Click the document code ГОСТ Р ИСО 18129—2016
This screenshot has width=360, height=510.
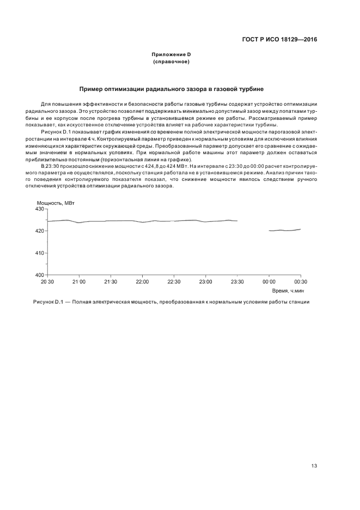[x=279, y=40]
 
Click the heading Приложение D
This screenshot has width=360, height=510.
[x=171, y=56]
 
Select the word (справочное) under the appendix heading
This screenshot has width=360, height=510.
[x=171, y=62]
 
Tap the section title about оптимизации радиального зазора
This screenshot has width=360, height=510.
[x=172, y=88]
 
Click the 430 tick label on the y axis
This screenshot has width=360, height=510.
[x=39, y=209]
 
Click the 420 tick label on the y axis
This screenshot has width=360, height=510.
[x=39, y=231]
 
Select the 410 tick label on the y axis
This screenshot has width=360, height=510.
[x=39, y=253]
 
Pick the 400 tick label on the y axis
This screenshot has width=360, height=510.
[x=39, y=275]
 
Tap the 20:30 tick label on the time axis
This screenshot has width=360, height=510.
[x=47, y=282]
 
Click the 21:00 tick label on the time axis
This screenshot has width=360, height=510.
[x=79, y=282]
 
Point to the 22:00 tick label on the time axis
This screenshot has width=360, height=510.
[x=142, y=282]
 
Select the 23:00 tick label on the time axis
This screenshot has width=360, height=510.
[x=205, y=282]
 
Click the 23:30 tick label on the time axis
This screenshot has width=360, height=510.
[x=237, y=282]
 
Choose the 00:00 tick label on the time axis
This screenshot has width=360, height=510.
[x=269, y=282]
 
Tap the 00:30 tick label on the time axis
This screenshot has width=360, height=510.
[x=301, y=282]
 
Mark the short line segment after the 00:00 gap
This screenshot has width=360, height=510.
[x=285, y=230]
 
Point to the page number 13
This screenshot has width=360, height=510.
[x=314, y=465]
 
